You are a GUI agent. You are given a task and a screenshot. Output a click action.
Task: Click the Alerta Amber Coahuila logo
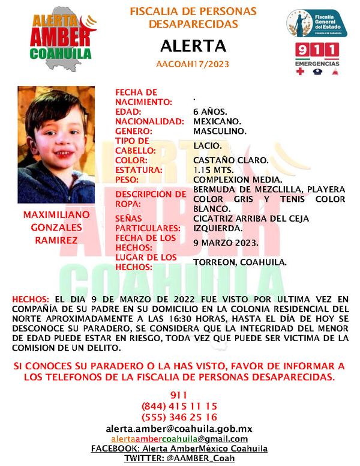62,35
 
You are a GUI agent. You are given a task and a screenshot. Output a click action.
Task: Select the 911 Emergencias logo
317,58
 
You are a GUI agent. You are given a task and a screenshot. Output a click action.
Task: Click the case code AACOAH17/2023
193,63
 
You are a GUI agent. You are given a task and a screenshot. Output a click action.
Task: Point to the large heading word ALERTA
193,46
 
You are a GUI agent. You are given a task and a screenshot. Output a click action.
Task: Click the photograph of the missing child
56,145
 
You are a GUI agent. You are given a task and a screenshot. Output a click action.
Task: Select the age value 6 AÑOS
210,112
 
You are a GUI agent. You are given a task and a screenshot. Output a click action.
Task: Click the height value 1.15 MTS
214,170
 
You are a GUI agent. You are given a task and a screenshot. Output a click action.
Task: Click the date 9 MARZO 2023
226,243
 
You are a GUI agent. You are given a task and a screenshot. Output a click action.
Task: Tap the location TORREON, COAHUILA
240,262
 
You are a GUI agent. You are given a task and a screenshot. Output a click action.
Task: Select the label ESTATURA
139,170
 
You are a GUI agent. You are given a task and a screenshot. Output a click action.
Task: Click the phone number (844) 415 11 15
179,406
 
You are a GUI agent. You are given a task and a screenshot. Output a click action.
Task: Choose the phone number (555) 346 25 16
179,417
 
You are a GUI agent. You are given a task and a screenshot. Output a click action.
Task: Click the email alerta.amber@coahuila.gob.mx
179,428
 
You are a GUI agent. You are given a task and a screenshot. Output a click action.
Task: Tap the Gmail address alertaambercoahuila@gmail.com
179,438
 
